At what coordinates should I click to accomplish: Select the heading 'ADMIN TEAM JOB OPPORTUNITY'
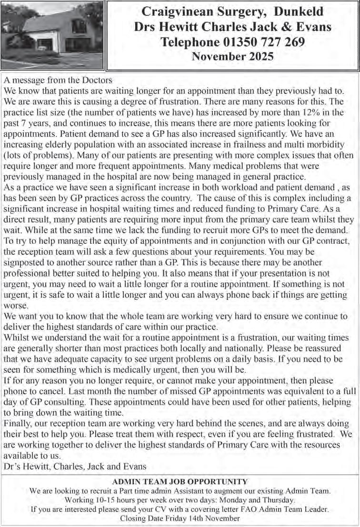point(180,482)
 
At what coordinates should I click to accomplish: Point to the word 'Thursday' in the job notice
point(278,499)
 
